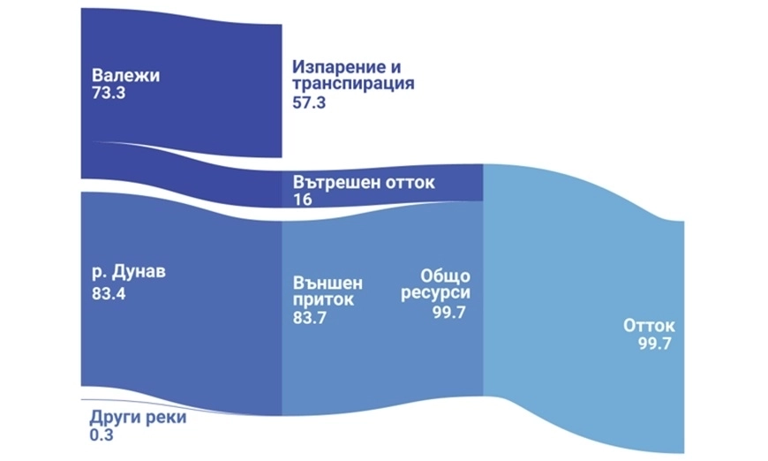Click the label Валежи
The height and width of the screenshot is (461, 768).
tap(126, 75)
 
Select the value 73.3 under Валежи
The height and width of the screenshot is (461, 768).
tap(109, 93)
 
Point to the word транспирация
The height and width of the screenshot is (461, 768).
tap(353, 83)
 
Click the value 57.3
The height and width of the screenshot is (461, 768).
tap(309, 102)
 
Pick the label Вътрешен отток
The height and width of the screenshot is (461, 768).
tap(364, 182)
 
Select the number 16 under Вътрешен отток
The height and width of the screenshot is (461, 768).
tap(303, 200)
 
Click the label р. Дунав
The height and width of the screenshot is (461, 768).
tap(129, 271)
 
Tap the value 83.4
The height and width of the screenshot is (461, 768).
tap(109, 294)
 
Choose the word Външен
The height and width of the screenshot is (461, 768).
tap(328, 283)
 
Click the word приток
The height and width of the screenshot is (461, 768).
tap(323, 299)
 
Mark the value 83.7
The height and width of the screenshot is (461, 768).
tap(310, 318)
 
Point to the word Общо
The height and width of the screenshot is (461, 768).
tap(445, 276)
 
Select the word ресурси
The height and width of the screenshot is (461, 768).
tap(435, 293)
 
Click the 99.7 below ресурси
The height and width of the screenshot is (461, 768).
tap(448, 312)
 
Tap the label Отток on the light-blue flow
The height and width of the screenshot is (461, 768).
tap(649, 326)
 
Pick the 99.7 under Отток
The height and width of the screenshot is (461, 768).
tap(654, 344)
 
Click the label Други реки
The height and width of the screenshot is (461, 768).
tap(138, 418)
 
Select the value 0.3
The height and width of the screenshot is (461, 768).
tap(102, 435)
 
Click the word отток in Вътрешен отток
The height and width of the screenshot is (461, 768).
tap(410, 182)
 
